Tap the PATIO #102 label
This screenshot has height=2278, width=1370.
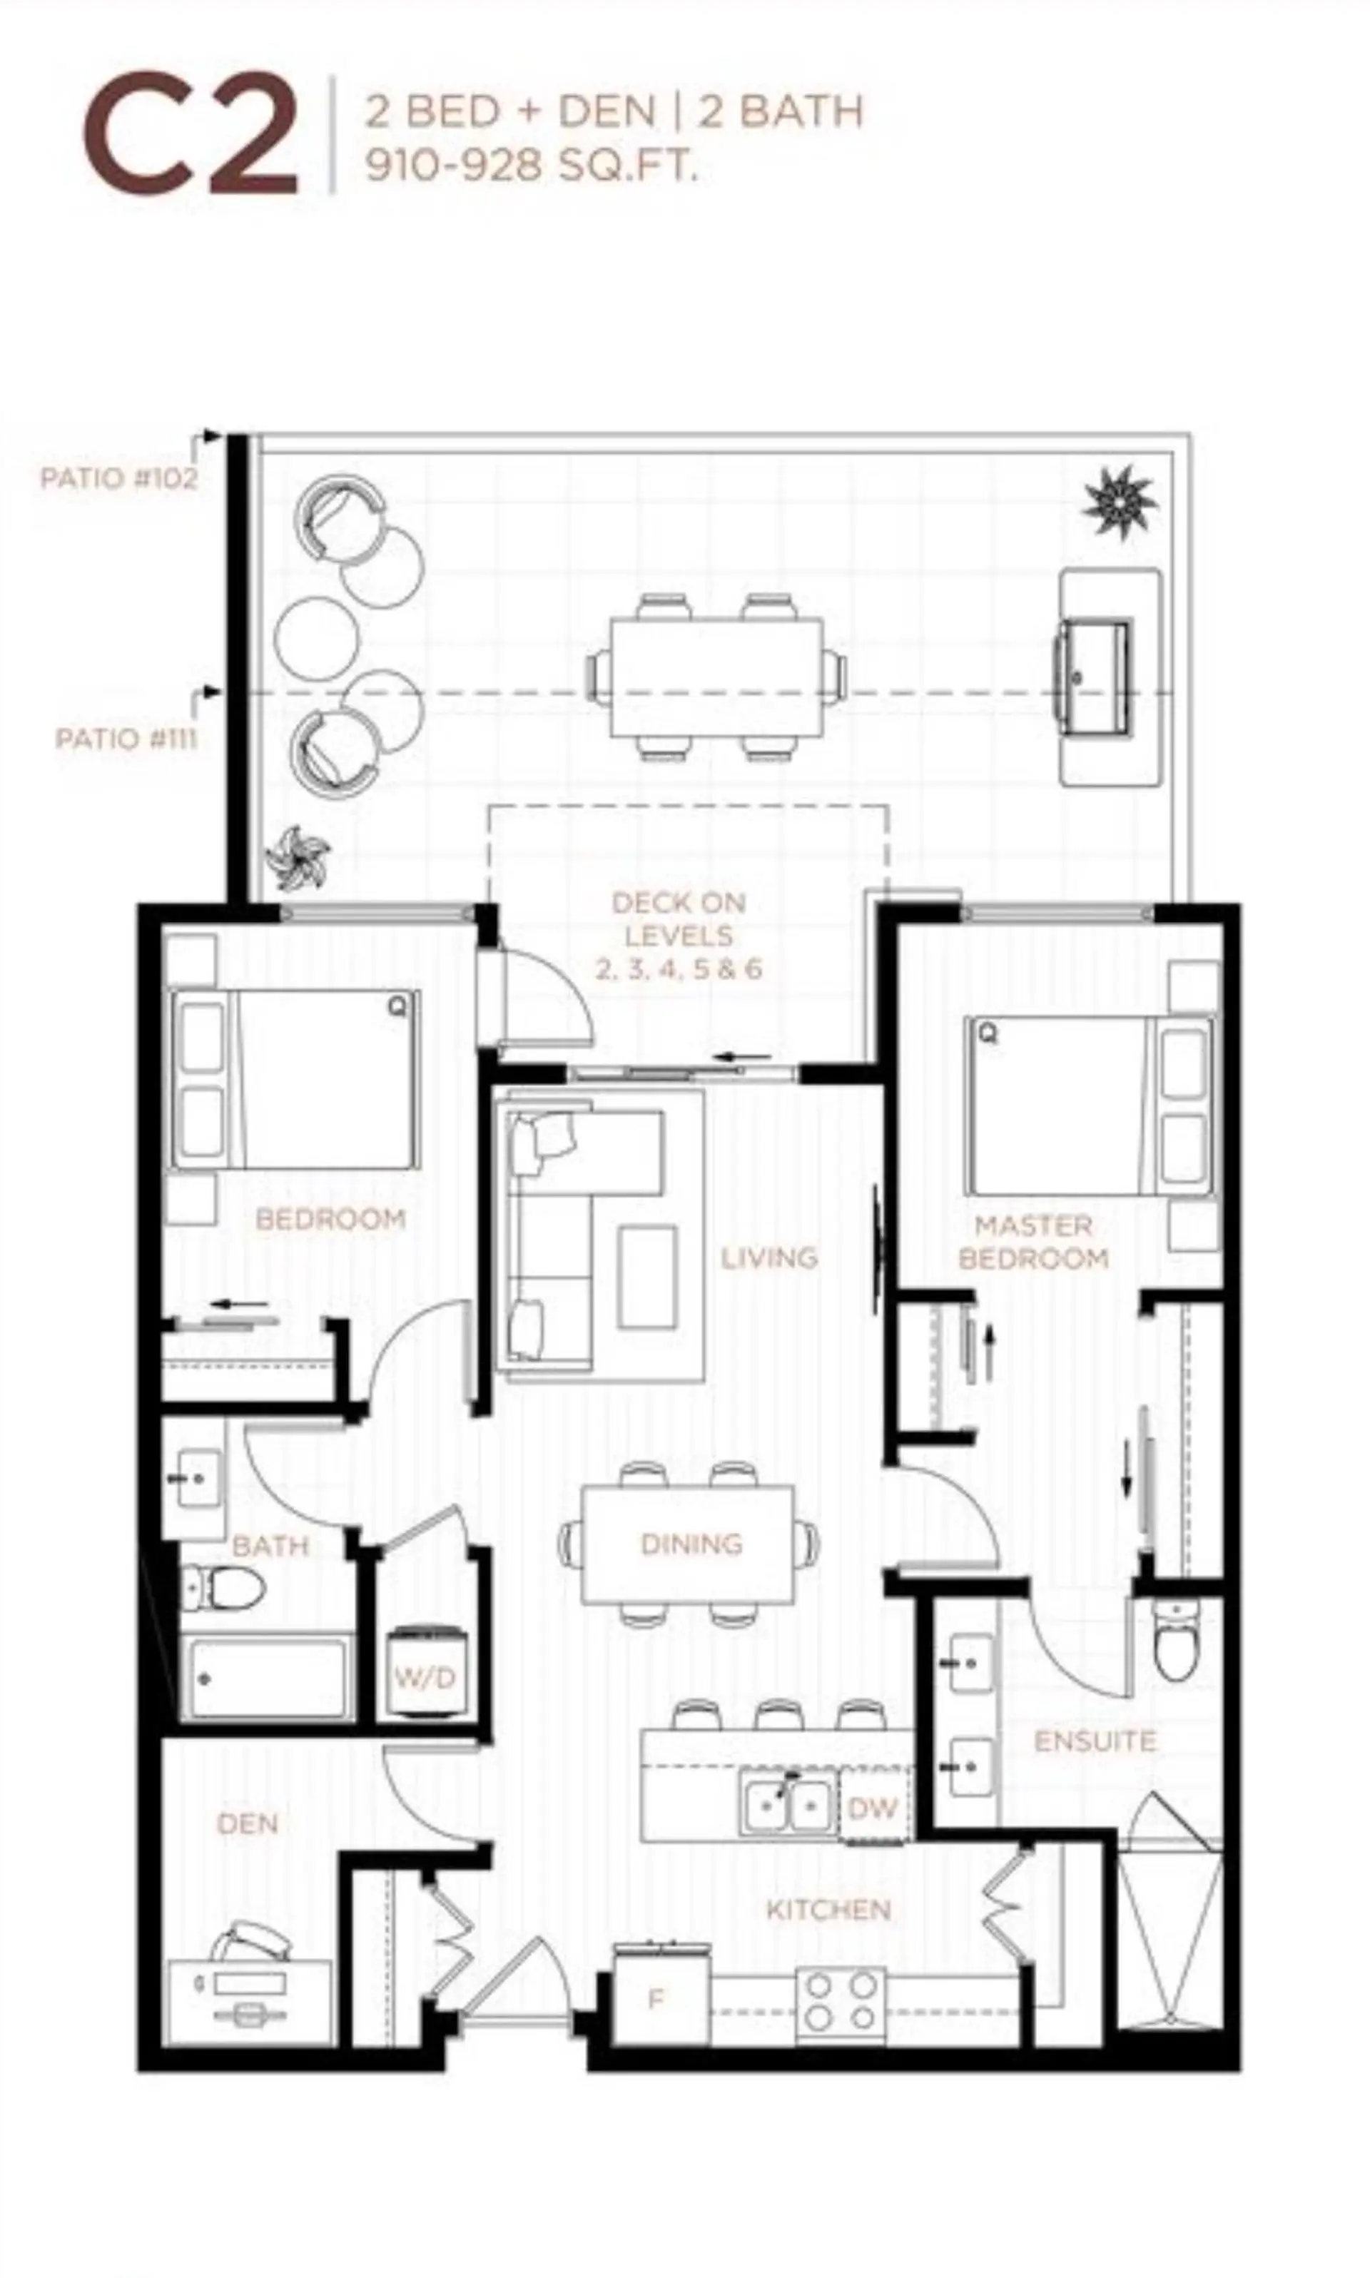click(118, 478)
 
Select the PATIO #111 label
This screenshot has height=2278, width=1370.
click(126, 739)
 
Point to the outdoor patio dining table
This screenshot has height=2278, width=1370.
click(716, 677)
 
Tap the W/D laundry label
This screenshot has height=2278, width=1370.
click(425, 1677)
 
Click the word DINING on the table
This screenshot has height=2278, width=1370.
click(691, 1544)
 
